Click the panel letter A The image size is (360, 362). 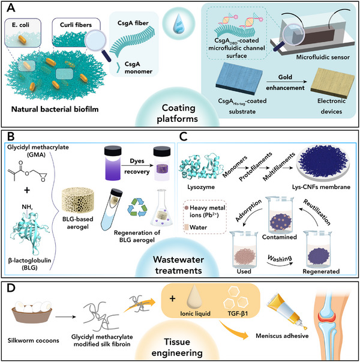pyautogui.click(x=11, y=8)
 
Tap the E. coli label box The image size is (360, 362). pyautogui.click(x=23, y=32)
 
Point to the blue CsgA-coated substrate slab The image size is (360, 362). pyautogui.click(x=239, y=79)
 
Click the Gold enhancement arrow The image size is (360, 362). pyautogui.click(x=287, y=82)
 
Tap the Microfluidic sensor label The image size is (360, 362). pyautogui.click(x=323, y=57)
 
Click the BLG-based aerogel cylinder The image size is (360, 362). pyautogui.click(x=77, y=200)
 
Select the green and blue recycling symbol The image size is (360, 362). pyautogui.click(x=137, y=207)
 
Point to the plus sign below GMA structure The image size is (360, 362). pyautogui.click(x=27, y=190)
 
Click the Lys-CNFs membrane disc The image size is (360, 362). pyautogui.click(x=323, y=161)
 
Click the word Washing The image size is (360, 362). pyautogui.click(x=280, y=258)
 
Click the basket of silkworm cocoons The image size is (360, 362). pyautogui.click(x=32, y=312)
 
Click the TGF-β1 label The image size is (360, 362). pyautogui.click(x=238, y=313)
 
